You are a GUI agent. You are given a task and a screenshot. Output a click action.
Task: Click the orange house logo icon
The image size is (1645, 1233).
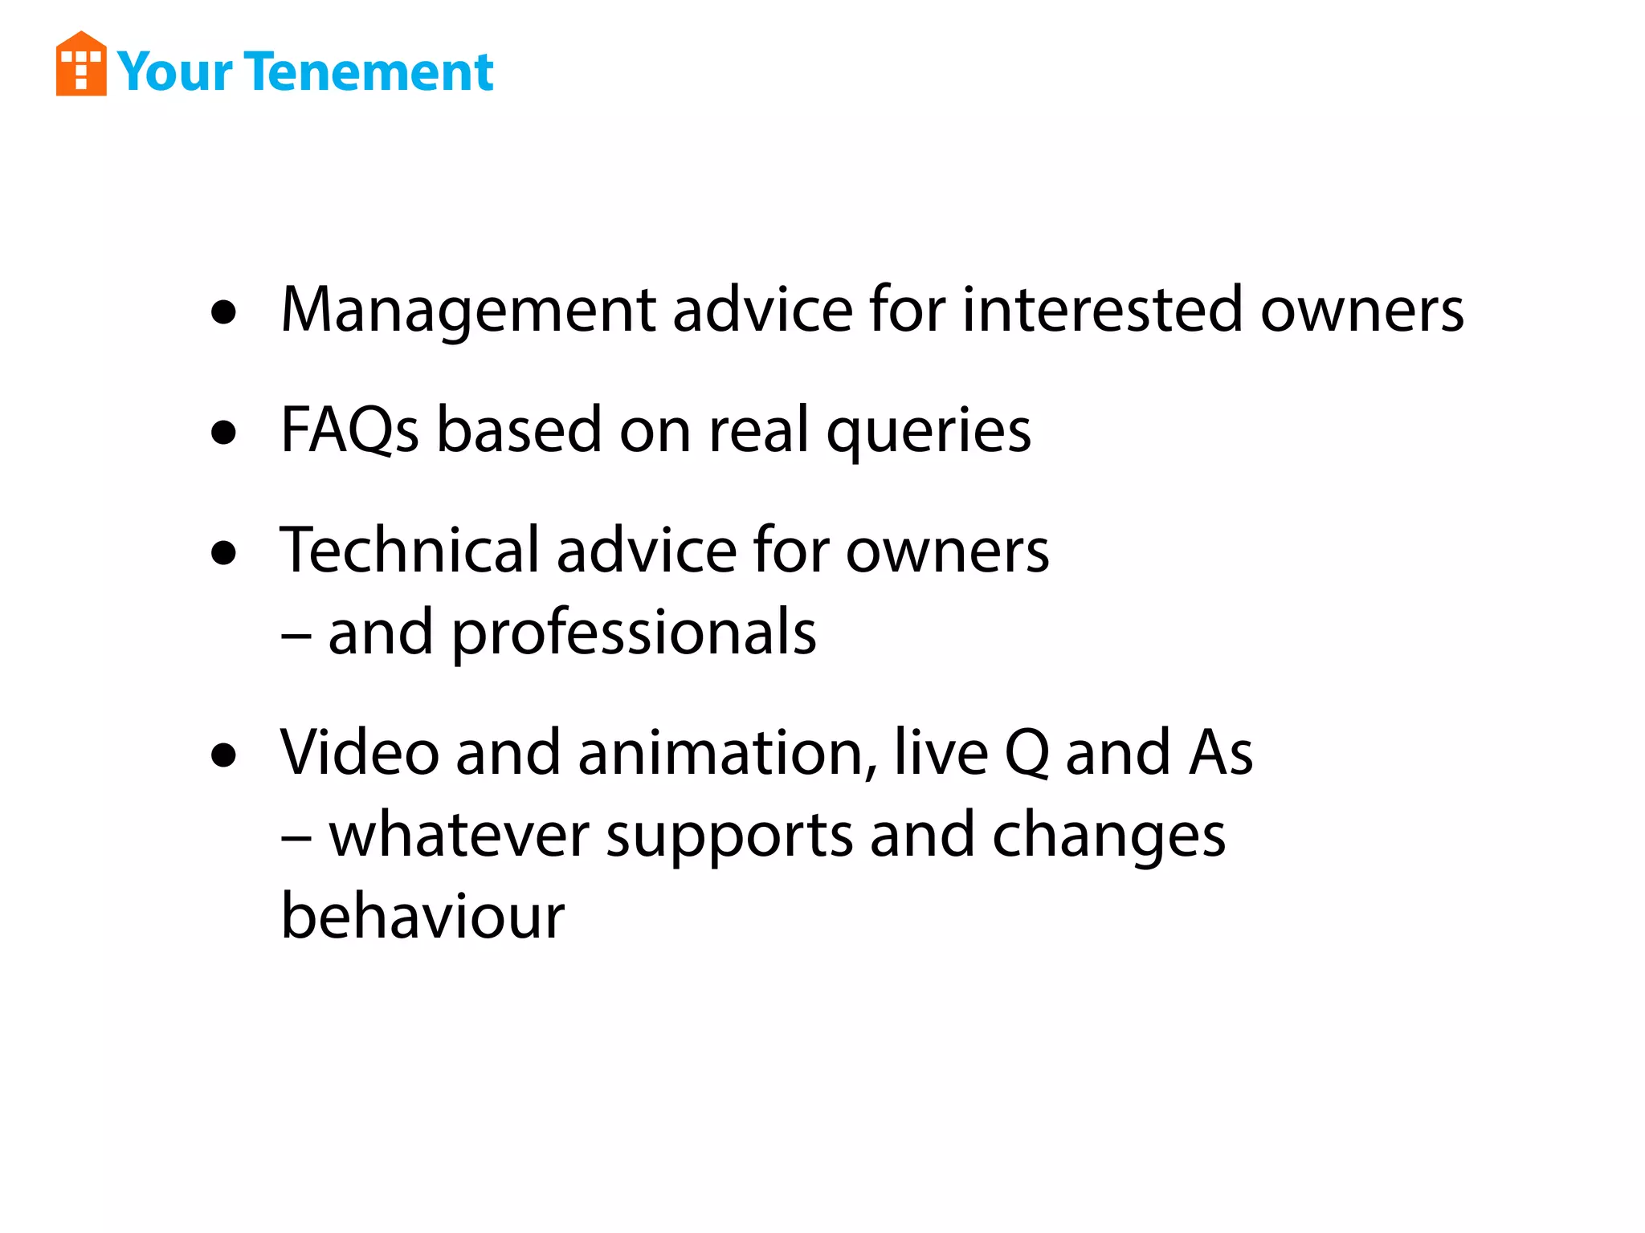tap(81, 64)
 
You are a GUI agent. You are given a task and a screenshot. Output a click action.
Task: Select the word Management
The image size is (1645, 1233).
tap(468, 311)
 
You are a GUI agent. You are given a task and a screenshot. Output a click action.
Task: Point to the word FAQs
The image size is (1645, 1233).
tap(349, 431)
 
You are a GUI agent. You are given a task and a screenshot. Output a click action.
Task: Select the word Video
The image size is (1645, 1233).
tap(359, 753)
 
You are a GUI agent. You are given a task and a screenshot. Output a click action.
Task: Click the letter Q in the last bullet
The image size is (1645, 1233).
tap(1027, 753)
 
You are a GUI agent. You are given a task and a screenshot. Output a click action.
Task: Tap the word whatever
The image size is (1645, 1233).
tap(459, 836)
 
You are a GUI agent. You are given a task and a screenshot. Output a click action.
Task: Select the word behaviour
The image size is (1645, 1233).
tap(422, 917)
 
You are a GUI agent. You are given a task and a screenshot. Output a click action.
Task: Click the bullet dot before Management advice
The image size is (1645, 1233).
tap(224, 312)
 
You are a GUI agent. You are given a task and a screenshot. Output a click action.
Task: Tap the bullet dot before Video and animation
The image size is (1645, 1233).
tap(224, 755)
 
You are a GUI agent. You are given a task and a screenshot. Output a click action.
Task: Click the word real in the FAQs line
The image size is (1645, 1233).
tap(758, 431)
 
